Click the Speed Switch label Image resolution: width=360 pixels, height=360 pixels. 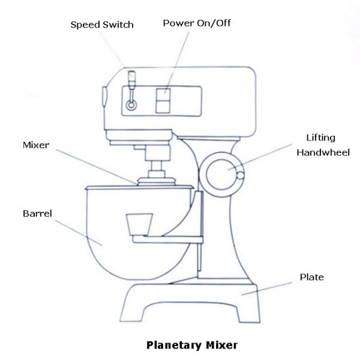102,25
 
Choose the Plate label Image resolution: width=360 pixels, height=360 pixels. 311,277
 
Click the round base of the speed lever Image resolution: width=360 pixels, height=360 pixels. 130,105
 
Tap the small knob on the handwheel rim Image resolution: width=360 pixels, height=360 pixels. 241,176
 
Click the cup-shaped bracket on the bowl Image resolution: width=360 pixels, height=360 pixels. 137,225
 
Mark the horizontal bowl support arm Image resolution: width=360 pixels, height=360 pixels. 168,240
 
